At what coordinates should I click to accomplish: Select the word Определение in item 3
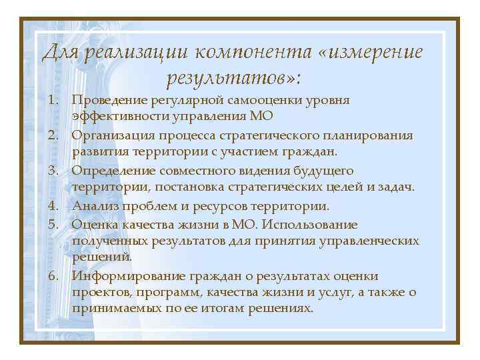(114, 170)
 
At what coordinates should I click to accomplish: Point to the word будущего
(323, 170)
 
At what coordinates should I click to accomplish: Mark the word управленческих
(366, 240)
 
